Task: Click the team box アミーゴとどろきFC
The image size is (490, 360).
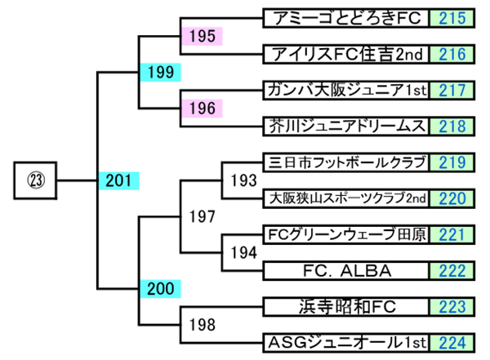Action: point(345,18)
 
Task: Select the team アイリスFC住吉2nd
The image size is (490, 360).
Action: point(345,55)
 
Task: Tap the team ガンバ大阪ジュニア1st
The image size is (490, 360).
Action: point(345,90)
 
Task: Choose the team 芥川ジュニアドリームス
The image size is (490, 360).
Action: point(345,126)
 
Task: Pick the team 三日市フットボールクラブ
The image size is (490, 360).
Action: point(345,162)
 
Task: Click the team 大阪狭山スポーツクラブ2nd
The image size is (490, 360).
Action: point(345,198)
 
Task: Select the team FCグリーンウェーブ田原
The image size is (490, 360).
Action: point(345,233)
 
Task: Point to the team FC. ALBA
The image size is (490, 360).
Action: point(345,269)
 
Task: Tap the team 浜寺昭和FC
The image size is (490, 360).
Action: point(345,306)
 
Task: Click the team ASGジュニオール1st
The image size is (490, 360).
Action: point(345,341)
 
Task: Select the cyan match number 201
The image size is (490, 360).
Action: point(118,180)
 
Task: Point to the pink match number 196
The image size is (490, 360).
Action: point(201,108)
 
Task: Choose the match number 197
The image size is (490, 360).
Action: point(201,216)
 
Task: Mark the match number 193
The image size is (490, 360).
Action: point(243,180)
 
